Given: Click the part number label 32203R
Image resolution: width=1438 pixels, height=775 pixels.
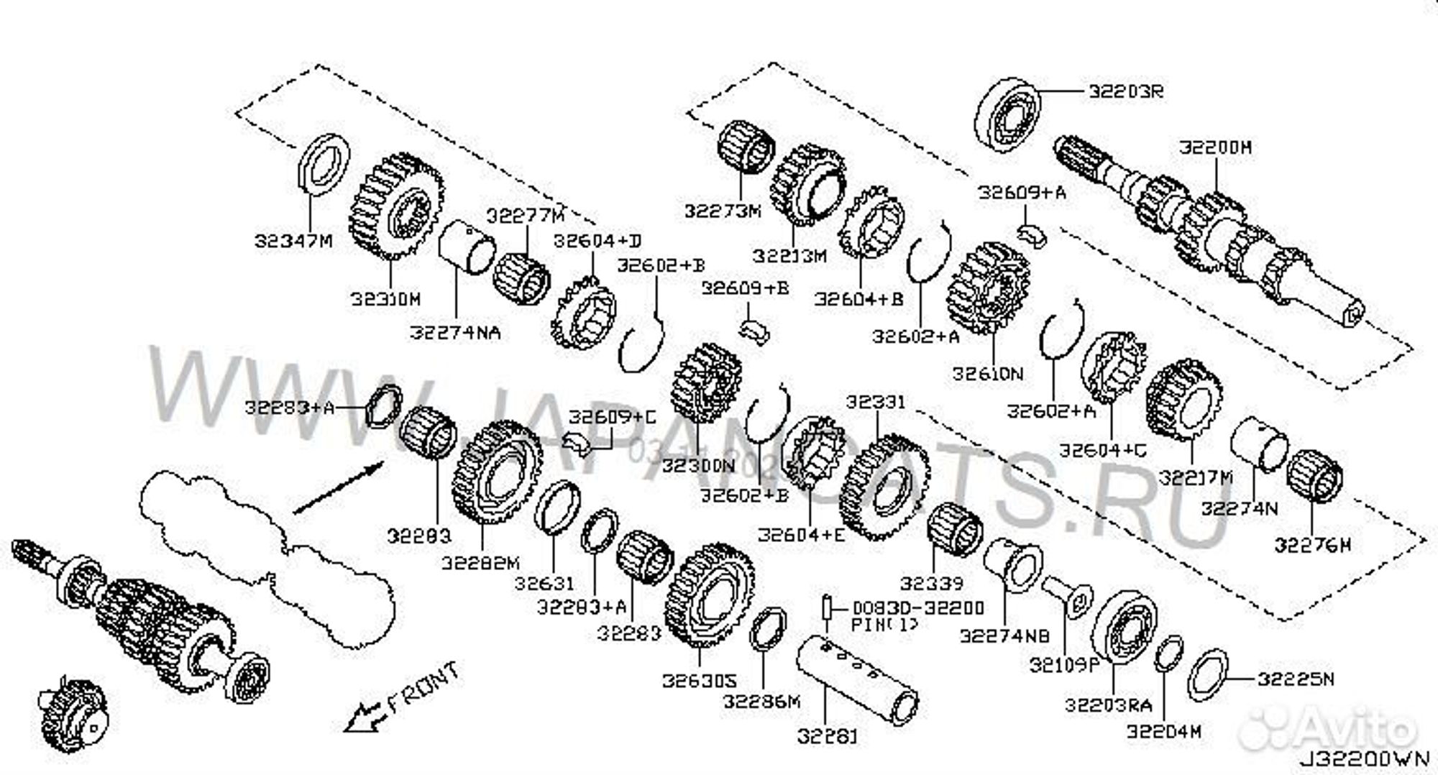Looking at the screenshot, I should (x=1126, y=92).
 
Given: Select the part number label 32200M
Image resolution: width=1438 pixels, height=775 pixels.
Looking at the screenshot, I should (x=1215, y=147).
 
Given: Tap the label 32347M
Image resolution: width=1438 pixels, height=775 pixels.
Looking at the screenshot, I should (x=293, y=241).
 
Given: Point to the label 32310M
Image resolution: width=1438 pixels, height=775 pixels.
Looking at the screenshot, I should (x=385, y=299).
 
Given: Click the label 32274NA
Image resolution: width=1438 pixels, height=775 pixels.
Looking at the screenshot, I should (x=455, y=333).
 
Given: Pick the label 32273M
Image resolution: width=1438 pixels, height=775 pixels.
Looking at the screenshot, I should (x=722, y=211).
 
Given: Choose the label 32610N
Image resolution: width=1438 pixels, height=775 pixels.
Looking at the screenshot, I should (x=987, y=374).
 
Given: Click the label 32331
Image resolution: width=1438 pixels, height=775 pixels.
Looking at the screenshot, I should (x=876, y=402).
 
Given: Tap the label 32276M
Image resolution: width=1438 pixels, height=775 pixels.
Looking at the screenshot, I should (x=1313, y=546).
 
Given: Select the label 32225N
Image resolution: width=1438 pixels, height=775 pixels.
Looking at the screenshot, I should (x=1295, y=679).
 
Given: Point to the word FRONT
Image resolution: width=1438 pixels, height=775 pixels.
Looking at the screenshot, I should (x=423, y=687).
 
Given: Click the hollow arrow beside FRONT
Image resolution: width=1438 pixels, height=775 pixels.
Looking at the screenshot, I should (x=362, y=716).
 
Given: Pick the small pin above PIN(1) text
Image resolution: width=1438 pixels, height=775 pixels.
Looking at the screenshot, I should (x=828, y=608).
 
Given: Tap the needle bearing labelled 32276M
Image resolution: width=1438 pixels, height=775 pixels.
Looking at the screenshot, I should (x=1314, y=474).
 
